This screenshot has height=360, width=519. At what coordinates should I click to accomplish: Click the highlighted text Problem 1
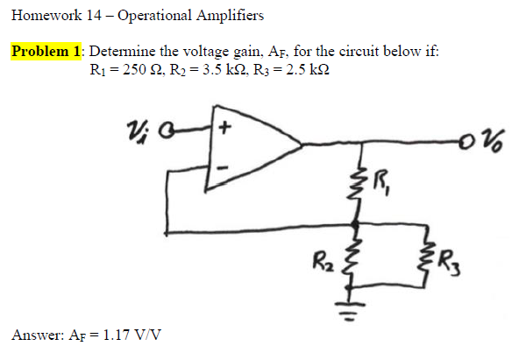coord(46,51)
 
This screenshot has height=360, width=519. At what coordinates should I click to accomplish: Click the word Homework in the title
coord(46,15)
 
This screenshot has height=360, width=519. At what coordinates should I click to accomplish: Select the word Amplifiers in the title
coord(230,16)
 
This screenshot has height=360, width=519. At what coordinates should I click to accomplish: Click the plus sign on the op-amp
coord(225,128)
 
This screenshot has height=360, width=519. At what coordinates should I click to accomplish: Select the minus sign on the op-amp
coord(223,168)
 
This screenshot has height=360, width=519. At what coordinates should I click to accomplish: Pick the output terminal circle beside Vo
coord(466,143)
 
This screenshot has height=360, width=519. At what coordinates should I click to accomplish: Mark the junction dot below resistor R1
coord(355,226)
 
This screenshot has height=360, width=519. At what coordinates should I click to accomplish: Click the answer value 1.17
coord(116,335)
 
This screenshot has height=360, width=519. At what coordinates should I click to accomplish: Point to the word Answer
coord(38,335)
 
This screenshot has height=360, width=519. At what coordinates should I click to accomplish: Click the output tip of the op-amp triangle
coord(302,145)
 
